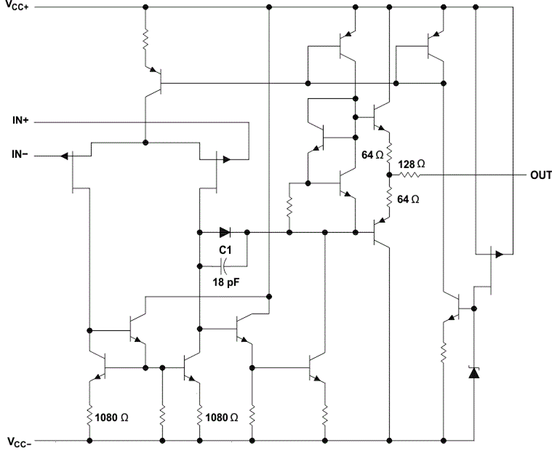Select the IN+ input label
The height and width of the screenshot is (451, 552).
pos(20,121)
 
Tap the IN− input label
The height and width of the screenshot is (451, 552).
pos(20,156)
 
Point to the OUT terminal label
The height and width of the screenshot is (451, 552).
pos(540,175)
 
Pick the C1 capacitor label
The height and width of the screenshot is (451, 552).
pos(225,250)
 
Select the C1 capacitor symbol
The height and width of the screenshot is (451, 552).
pos(223,261)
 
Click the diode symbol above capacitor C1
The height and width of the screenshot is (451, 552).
pos(225,234)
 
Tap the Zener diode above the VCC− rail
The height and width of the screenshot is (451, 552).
pos(473,373)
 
